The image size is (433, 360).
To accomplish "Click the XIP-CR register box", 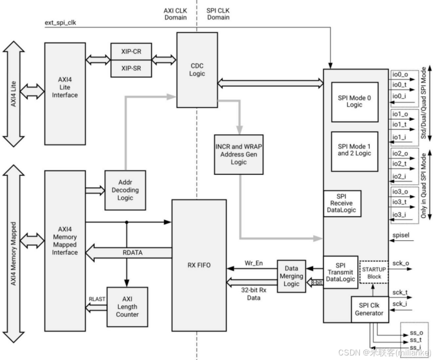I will coord(131,51).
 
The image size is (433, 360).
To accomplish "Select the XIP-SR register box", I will coord(131,68).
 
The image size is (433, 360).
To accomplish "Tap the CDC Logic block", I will coord(197,70).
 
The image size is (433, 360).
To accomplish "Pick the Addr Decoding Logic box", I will coord(125,190).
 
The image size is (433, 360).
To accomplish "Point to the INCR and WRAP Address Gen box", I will coord(239,154).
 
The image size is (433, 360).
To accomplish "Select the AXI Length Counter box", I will coord(127,306).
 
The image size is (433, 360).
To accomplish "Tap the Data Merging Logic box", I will coord(291,276).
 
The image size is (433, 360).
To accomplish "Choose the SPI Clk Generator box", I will coord(371,309).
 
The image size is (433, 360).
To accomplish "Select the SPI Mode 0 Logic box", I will coord(354,102).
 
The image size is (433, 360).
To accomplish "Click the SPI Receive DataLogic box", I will coord(342,203).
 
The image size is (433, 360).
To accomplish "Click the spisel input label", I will coord(401,235).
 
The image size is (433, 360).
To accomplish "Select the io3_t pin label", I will coord(399,203).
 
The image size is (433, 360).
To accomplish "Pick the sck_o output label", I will coord(400,263).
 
